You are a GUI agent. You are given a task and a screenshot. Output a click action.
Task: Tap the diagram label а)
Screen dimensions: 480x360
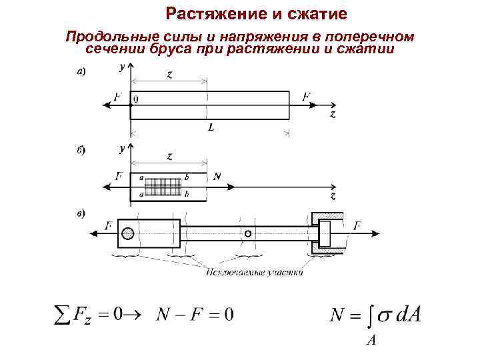tap(80, 71)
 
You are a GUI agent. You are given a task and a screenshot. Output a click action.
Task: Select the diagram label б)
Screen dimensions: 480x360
tap(80, 151)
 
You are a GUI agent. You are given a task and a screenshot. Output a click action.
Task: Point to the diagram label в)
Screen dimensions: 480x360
tap(80, 213)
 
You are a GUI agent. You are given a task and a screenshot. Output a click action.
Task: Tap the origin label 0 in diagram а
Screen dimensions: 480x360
tap(136, 99)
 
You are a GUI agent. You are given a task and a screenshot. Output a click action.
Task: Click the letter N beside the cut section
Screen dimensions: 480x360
tap(217, 177)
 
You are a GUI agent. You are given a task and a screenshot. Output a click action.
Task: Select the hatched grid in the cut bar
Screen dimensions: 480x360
tap(164, 186)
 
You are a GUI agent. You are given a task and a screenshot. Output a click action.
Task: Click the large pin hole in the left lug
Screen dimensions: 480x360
tap(128, 234)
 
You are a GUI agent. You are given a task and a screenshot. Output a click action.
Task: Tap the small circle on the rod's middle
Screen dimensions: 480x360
tap(247, 235)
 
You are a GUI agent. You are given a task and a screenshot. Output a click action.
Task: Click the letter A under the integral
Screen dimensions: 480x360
tap(371, 340)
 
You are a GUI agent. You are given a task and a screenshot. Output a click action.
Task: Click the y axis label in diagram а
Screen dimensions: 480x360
tap(121, 67)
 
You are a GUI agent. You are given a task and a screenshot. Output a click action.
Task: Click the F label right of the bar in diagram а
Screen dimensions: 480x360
tap(306, 97)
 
